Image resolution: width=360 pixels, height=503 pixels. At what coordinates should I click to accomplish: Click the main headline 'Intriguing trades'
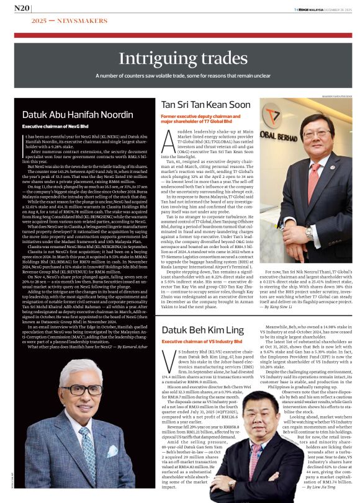[180, 60]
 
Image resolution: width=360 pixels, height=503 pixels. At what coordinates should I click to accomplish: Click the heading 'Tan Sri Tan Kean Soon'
[205, 105]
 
